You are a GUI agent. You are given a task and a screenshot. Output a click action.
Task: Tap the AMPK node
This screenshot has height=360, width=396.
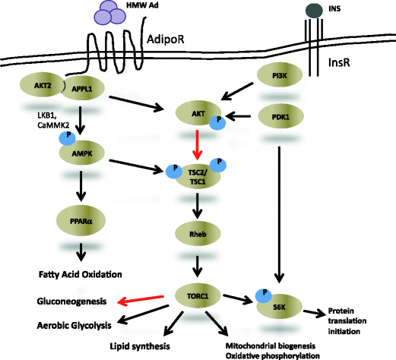coord(87,152)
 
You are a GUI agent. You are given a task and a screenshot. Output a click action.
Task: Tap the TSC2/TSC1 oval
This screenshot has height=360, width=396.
coord(197,175)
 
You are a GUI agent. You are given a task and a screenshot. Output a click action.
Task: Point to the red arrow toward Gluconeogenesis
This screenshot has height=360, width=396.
coord(144,301)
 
